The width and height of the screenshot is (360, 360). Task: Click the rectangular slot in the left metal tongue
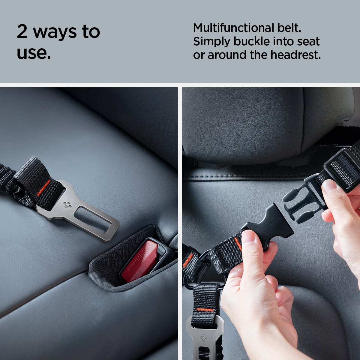pos(93,220)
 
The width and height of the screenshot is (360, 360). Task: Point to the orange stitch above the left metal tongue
pos(44,188)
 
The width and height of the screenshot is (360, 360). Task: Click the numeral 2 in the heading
pos(22,32)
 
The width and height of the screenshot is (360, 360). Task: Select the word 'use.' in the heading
pos(34,53)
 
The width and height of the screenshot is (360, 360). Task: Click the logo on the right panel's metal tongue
pos(203,337)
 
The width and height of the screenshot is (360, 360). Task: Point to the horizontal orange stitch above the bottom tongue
pos(205,310)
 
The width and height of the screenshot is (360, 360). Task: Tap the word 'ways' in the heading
pos(55,33)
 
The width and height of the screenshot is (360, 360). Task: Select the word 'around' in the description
pos(227,55)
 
